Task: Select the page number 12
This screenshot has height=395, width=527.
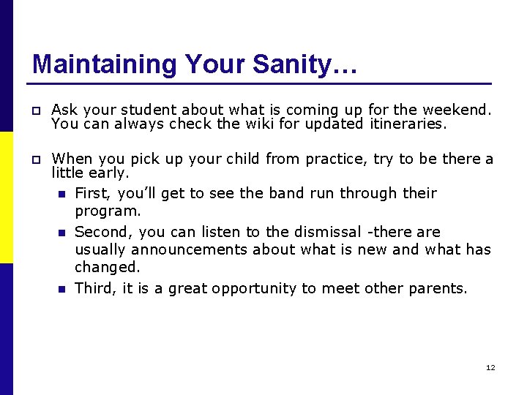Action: [490, 367]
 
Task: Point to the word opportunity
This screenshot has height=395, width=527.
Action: [256, 288]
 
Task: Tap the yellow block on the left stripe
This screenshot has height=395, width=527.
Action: [6, 197]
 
